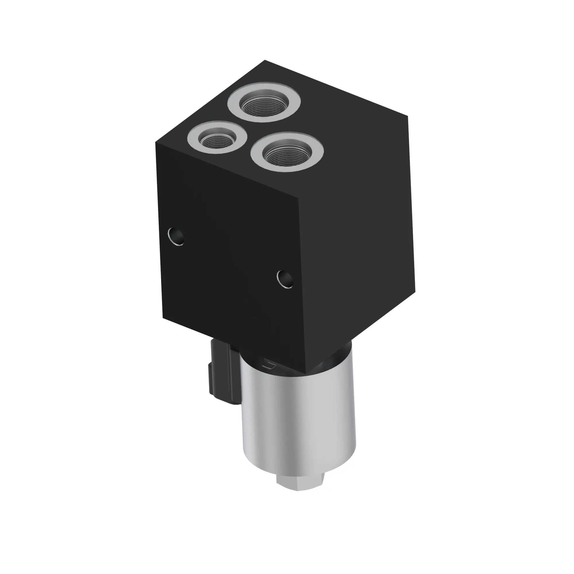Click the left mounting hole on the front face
coord(176,236)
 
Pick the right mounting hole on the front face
coord(285,279)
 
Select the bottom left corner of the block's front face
coord(163,318)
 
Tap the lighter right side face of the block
coord(356,238)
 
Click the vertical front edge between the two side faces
coord(302,282)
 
